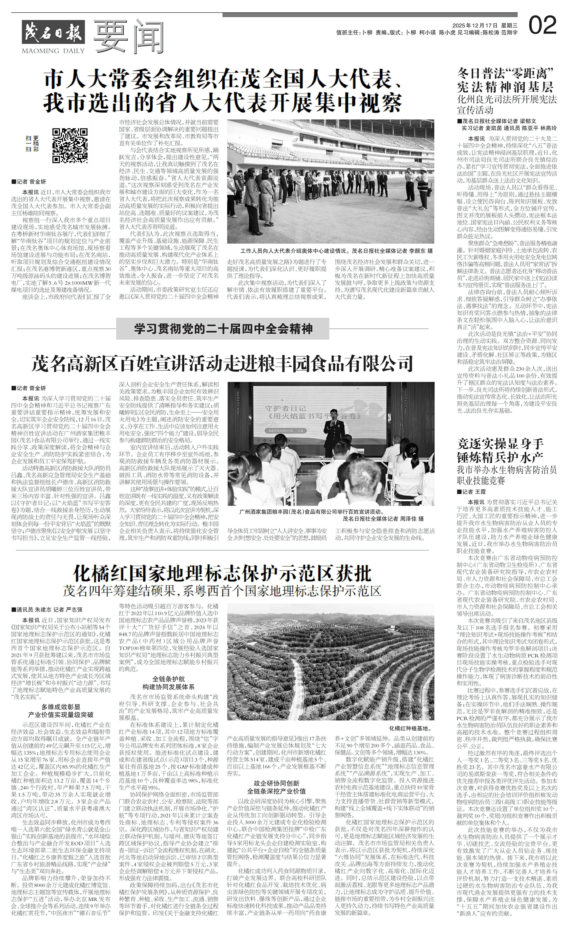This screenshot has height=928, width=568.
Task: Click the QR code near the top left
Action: click(70, 145)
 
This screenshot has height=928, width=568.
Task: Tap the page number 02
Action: click(542, 26)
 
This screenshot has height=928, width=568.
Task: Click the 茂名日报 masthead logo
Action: click(53, 33)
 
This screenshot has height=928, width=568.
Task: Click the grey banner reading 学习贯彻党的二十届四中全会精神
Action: click(223, 329)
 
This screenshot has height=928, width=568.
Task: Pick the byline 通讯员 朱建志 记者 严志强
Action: click(49, 609)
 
